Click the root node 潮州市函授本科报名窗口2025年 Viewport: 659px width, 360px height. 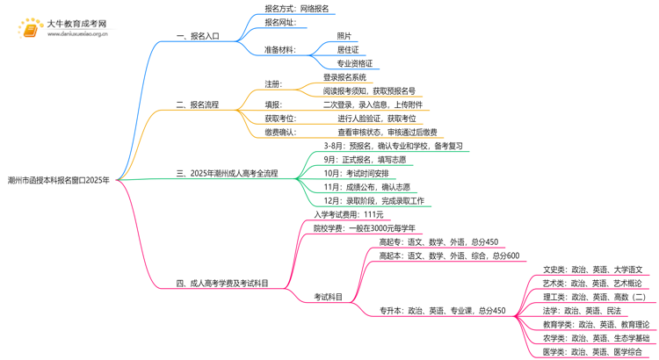click(x=58, y=179)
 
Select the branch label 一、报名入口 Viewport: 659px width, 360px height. click(x=198, y=36)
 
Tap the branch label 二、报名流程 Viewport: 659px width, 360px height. click(x=198, y=104)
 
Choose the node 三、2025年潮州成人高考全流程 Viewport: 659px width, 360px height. click(x=227, y=173)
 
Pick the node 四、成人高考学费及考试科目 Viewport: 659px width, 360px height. click(x=222, y=284)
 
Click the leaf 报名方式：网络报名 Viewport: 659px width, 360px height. click(x=297, y=9)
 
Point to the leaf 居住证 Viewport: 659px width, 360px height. click(x=348, y=49)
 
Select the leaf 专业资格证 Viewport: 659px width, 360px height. click(x=355, y=63)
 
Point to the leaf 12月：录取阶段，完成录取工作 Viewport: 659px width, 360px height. click(x=373, y=201)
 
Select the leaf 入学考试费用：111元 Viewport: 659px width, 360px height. click(x=349, y=214)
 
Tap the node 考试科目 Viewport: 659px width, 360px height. click(x=329, y=297)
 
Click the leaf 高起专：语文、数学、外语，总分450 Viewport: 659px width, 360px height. click(x=438, y=242)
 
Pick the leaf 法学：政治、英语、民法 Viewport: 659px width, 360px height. click(x=582, y=311)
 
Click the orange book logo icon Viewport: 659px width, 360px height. click(x=29, y=29)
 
